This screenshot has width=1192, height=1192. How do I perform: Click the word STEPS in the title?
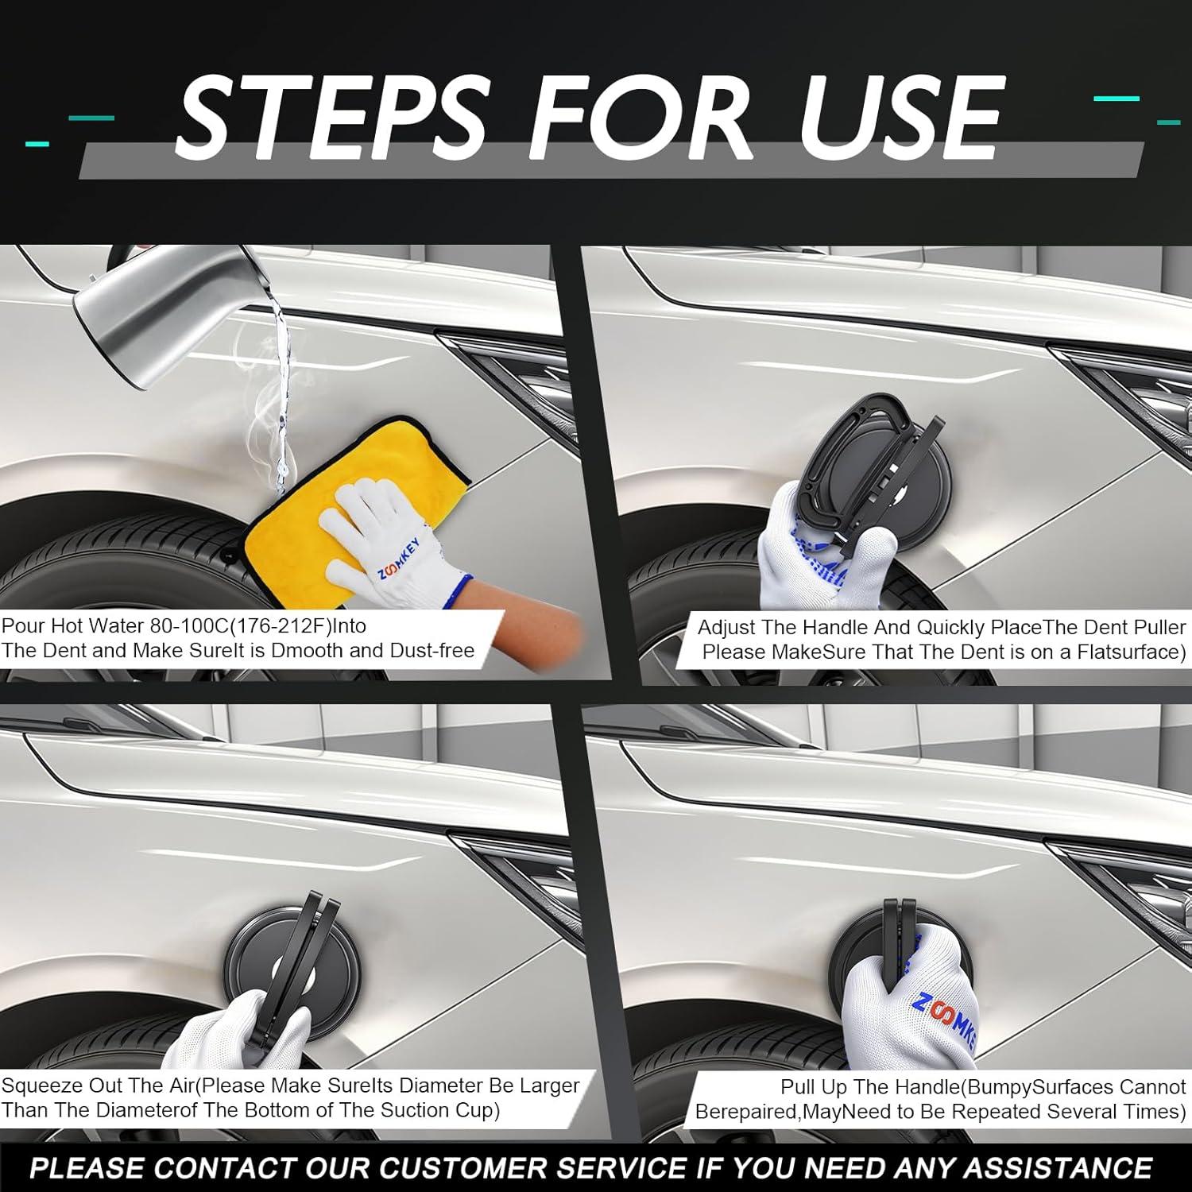[331, 116]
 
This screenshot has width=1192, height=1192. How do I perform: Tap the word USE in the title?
[900, 116]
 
